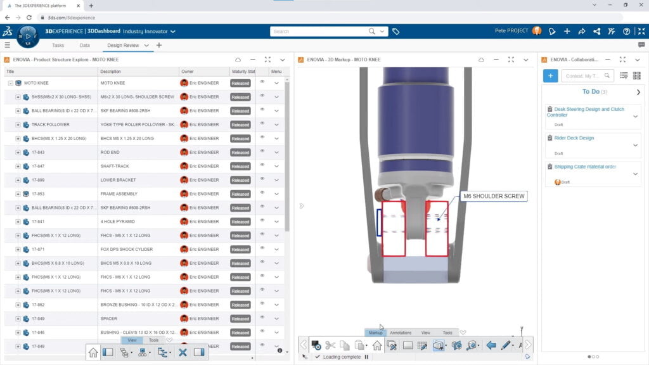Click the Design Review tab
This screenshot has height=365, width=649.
click(123, 45)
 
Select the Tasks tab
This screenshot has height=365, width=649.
click(58, 45)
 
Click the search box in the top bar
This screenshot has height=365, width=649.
click(320, 31)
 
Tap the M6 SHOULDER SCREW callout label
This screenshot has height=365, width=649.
click(494, 196)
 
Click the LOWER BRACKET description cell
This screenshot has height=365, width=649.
click(119, 180)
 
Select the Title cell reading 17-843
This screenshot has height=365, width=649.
click(38, 152)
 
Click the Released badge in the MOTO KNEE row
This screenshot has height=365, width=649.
click(240, 83)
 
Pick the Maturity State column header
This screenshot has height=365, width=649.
click(243, 72)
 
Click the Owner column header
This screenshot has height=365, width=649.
click(187, 72)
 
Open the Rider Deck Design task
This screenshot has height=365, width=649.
click(570, 138)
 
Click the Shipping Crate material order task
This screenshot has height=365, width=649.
click(585, 167)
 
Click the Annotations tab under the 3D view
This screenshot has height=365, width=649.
click(401, 333)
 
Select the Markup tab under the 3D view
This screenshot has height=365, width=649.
click(376, 333)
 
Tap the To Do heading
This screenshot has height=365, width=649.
click(591, 92)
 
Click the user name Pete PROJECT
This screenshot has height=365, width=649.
click(511, 31)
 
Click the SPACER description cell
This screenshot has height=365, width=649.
click(109, 319)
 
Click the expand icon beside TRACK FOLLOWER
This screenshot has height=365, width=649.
click(18, 124)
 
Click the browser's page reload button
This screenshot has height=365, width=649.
click(30, 18)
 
